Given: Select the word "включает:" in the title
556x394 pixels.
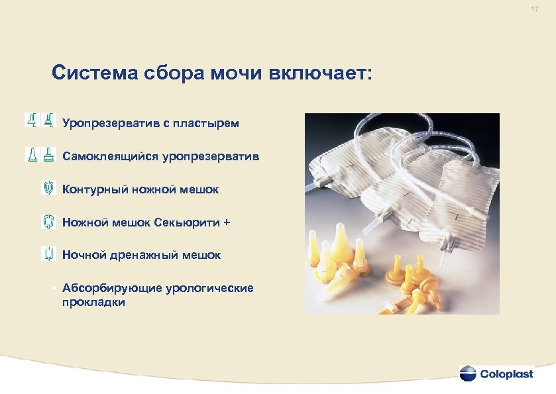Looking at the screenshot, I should pyautogui.click(x=321, y=73).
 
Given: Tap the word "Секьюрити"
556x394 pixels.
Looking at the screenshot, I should pyautogui.click(x=189, y=222).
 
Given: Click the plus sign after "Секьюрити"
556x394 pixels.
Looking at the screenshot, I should pyautogui.click(x=227, y=222).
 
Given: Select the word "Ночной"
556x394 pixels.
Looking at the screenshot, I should pyautogui.click(x=83, y=254).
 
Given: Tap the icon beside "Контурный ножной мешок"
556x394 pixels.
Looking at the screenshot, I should pyautogui.click(x=47, y=188).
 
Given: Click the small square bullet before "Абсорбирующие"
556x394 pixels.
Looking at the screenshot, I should pyautogui.click(x=52, y=288).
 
